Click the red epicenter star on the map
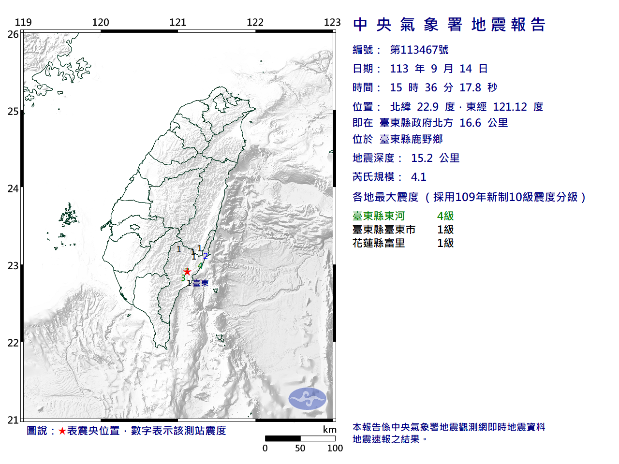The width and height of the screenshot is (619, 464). coord(187,272)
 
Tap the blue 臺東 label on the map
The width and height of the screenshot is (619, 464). coord(201,283)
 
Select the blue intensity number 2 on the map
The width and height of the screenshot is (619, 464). coord(206,256)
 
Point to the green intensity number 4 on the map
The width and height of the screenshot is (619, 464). coord(200,265)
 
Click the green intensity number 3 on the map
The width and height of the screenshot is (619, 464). coord(183,278)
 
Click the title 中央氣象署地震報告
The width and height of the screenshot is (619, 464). coord(449,25)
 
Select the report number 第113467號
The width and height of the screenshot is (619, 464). coord(419,50)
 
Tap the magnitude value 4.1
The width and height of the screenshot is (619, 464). coord(419,177)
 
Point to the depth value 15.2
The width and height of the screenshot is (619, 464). coord(422,158)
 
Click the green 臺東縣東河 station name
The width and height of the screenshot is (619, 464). coord(379,216)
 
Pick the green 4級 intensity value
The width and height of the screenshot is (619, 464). coord(445,216)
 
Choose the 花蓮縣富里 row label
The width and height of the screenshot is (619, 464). coord(379,243)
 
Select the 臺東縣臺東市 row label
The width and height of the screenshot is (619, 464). coord(384,230)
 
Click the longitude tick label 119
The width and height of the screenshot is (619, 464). coord(23,22)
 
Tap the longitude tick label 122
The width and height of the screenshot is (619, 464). coord(255,22)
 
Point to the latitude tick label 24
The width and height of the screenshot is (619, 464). coord(13,188)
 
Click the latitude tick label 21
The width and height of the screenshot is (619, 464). coord(13,420)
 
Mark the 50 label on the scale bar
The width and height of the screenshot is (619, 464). coord(300,448)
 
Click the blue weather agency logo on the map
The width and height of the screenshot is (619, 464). coord(308,399)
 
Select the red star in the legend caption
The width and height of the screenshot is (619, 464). coord(62,431)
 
